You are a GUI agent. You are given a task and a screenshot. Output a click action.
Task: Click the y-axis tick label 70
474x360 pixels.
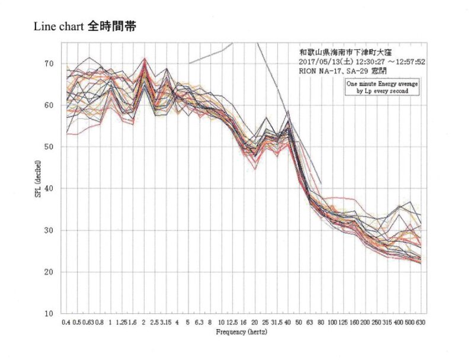[49, 64]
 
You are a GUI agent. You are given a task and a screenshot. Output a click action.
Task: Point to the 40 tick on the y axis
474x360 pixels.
[49, 189]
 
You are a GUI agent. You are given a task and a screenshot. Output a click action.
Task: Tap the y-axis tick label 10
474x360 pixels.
[49, 314]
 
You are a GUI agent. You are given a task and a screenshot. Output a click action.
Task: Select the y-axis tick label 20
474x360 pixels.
[49, 272]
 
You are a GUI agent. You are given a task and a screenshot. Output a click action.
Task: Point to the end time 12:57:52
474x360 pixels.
[403, 60]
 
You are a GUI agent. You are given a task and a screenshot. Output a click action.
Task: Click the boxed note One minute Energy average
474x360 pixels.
[383, 85]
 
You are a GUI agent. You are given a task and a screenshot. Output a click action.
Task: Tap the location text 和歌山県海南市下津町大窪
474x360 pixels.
[342, 51]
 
